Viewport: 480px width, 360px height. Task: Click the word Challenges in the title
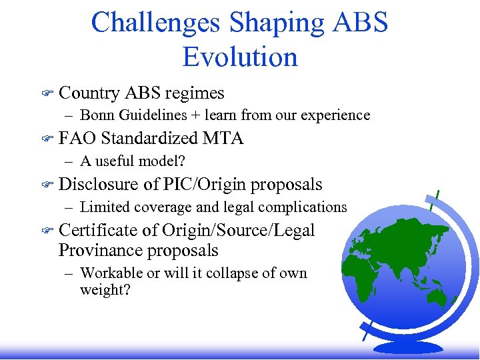click(156, 22)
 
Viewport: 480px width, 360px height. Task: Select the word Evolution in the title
click(240, 57)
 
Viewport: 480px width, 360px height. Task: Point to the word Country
click(89, 93)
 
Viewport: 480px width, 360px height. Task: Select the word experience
click(337, 115)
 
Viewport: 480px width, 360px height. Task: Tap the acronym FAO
click(77, 138)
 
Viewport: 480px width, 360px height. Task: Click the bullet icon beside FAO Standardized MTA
click(47, 139)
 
